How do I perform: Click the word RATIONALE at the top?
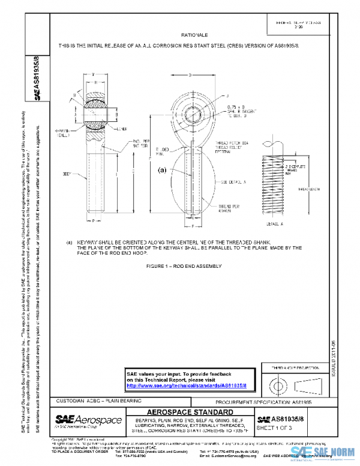190,36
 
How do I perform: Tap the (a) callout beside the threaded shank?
161,170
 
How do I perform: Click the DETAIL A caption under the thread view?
275,222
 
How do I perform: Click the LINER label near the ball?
123,127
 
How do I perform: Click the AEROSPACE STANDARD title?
190,413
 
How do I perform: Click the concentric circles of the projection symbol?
278,383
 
